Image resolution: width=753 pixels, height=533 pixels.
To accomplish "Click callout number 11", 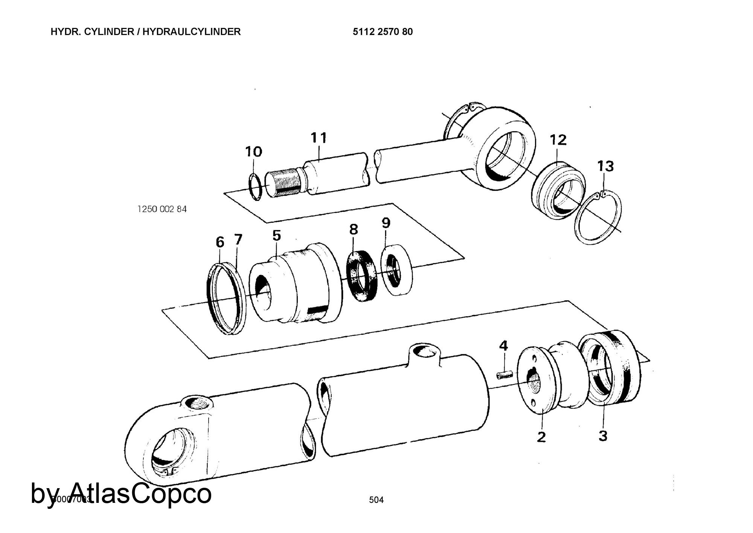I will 319,138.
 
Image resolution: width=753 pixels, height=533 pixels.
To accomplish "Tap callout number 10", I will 253,152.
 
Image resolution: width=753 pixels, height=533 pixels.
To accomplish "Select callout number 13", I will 605,166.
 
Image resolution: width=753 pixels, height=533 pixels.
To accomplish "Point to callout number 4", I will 503,345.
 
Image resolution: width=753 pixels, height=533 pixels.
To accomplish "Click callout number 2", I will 541,437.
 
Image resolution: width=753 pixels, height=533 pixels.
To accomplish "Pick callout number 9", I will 386,223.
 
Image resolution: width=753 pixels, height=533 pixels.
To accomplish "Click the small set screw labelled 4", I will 505,376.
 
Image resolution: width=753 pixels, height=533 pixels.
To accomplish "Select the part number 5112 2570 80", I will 383,32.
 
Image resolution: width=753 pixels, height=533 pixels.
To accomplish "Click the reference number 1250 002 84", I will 162,209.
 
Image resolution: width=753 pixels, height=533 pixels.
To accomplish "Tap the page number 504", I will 376,500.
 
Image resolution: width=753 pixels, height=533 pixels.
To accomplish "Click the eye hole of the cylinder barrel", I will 171,456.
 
